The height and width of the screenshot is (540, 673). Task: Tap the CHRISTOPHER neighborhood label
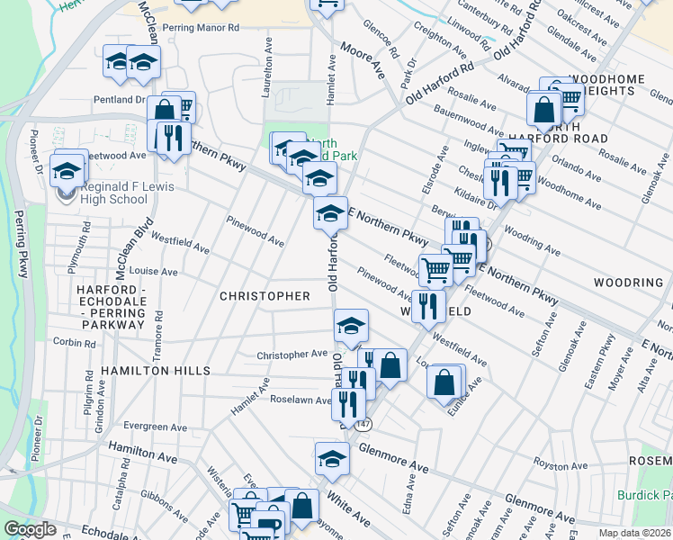pos(265,296)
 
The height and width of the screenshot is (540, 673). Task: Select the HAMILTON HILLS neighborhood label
pos(156,371)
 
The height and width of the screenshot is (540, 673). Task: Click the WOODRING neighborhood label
pos(628,283)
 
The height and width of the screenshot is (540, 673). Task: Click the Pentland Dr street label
pos(118,99)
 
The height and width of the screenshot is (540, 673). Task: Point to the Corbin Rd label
pos(74,342)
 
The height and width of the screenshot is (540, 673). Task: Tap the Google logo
pos(30,529)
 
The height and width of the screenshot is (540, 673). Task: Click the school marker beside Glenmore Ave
pos(332,458)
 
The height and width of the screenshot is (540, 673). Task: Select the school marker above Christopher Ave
pos(352,325)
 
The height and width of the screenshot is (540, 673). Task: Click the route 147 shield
pos(363,423)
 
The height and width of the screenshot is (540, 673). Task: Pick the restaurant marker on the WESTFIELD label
pos(428,304)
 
